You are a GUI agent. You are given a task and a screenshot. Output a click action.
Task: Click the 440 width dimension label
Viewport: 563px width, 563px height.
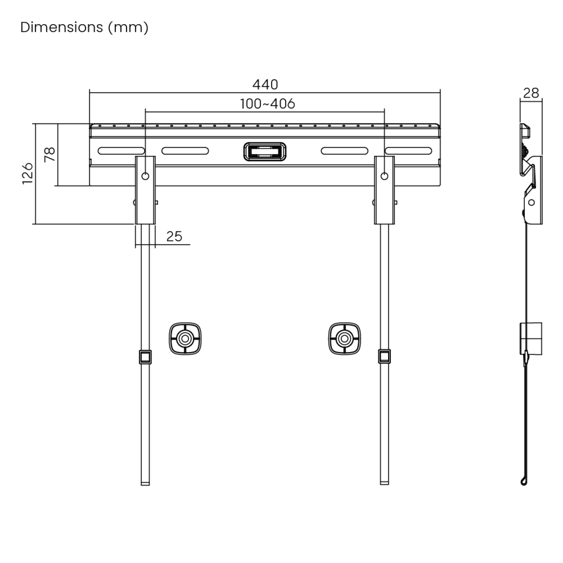coord(265,84)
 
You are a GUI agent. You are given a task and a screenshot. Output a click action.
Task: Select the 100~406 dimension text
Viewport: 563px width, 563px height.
coord(267,104)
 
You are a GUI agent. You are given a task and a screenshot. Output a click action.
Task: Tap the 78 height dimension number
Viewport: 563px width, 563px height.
coord(50,154)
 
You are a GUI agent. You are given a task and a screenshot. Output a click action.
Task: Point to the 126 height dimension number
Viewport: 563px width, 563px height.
coord(27,174)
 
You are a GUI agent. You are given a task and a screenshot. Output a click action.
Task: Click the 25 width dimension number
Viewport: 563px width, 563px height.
coord(174,236)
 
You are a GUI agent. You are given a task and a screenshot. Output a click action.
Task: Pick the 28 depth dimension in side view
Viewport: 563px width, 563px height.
coord(531,93)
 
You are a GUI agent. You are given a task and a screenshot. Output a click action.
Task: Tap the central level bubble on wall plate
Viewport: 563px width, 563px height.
coord(265,151)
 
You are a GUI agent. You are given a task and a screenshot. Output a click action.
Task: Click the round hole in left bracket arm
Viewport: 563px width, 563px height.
coord(145,176)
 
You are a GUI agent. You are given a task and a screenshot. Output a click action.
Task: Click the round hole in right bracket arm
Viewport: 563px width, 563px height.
coord(384,176)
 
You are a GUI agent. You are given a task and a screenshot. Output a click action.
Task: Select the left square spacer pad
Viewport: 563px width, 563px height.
coord(185,338)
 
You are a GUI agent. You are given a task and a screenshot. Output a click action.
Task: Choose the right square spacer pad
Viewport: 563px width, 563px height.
coord(344,338)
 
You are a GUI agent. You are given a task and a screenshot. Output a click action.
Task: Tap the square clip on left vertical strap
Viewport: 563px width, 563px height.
coord(145,357)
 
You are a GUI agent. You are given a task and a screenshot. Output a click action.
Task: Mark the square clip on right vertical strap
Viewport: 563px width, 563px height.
coord(384,356)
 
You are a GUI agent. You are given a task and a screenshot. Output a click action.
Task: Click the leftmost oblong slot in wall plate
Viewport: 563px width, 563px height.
coord(121,151)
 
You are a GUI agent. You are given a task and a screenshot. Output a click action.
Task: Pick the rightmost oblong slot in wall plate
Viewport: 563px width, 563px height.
coord(408,151)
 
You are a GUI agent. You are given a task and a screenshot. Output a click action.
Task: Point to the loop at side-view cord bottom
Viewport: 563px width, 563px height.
coord(523,481)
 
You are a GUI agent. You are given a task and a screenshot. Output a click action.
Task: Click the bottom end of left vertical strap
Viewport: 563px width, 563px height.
coord(145,483)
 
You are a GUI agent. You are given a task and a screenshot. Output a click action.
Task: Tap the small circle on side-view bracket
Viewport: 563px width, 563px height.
coord(532,202)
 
